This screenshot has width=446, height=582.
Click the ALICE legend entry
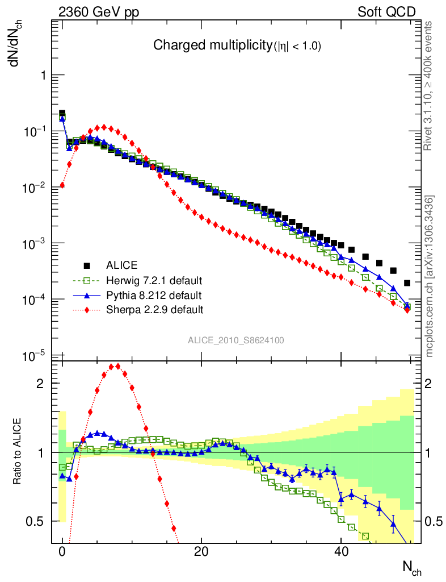(121, 265)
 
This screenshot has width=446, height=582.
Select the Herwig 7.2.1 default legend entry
(154, 280)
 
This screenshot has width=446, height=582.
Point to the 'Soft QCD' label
(386, 12)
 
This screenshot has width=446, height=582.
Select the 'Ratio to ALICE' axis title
(18, 451)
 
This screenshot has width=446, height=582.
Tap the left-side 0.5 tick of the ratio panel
(35, 521)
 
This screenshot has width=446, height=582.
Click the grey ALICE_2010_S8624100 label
(236, 340)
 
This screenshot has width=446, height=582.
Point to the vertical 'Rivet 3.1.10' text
(428, 85)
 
